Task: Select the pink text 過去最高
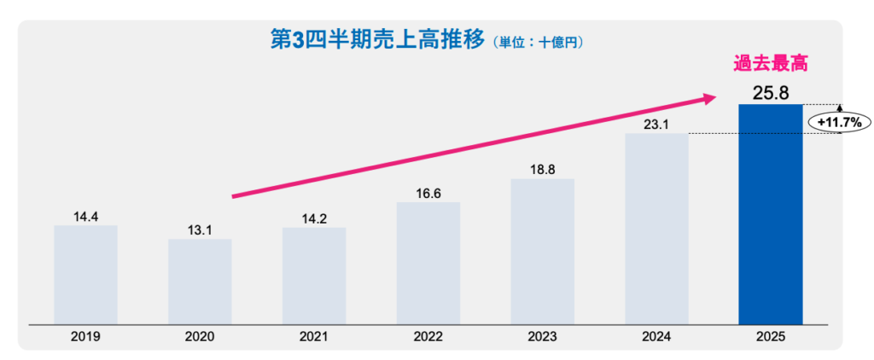pos(771,64)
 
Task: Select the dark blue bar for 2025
pos(770,213)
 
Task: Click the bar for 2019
pos(85,274)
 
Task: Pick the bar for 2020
pos(200,281)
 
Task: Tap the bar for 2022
pos(428,263)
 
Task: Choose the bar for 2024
pos(656,228)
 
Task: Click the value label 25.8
pos(770,91)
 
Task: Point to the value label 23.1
pos(655,125)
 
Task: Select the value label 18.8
pos(542,170)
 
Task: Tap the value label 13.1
pos(200,229)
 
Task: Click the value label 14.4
pos(85,217)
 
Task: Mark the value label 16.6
pos(428,194)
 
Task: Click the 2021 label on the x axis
pos(314,337)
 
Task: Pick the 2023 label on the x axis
pos(542,337)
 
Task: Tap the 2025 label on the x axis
pos(770,337)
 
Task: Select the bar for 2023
pos(542,251)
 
